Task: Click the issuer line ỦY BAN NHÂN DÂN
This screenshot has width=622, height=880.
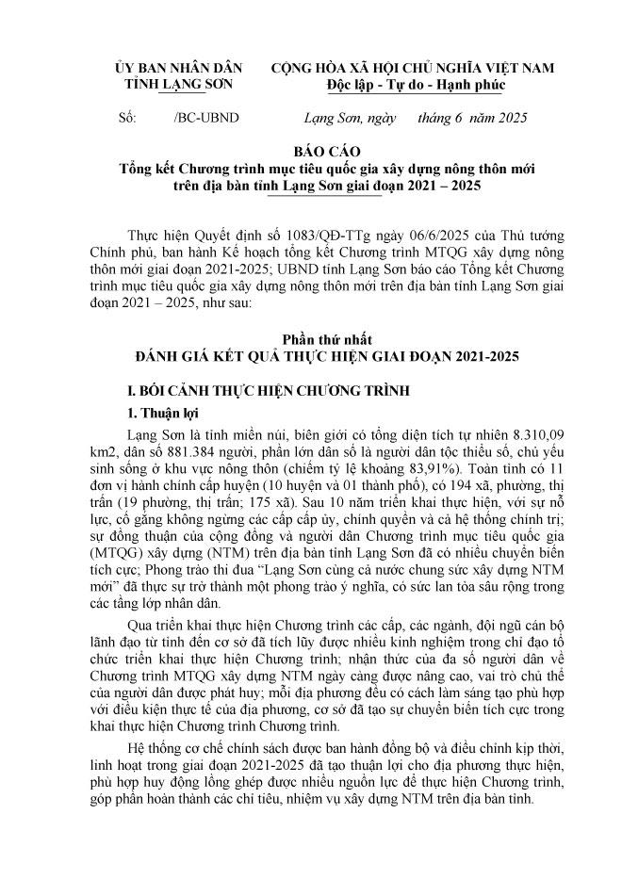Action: point(177,69)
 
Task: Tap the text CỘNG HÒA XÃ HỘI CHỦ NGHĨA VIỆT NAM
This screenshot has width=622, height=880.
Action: point(413,69)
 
